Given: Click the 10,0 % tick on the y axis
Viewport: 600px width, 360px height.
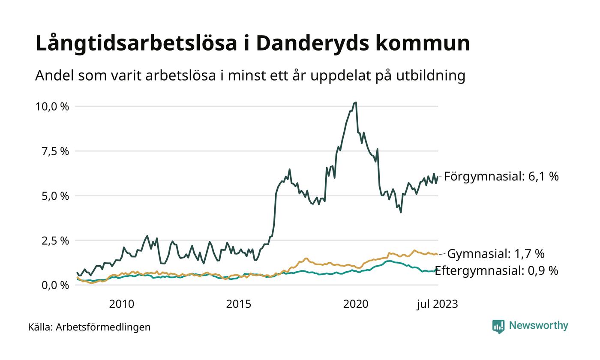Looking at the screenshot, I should coord(52,107).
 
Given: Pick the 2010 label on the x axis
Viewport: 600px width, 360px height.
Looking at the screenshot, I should coord(121,304).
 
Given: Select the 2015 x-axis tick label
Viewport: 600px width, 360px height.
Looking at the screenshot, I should coord(239,304).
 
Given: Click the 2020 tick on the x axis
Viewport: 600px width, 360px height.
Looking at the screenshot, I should coord(356,304).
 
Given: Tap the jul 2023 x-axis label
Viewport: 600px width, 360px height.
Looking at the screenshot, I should coord(437,304).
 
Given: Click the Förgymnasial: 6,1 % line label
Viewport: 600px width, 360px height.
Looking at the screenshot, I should coord(501,177).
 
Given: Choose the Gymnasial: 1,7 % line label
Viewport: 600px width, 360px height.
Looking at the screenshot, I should coord(495,254).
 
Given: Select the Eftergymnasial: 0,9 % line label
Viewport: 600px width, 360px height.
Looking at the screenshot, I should coord(496,271).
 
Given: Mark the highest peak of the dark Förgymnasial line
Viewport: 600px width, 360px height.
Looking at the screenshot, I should coord(356,103).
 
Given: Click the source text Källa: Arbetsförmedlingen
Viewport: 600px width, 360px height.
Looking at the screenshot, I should coord(89,327).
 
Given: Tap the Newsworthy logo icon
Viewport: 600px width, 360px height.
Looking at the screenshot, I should coord(498,326).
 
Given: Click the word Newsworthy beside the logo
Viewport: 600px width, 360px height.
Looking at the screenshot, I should coord(539,326).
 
